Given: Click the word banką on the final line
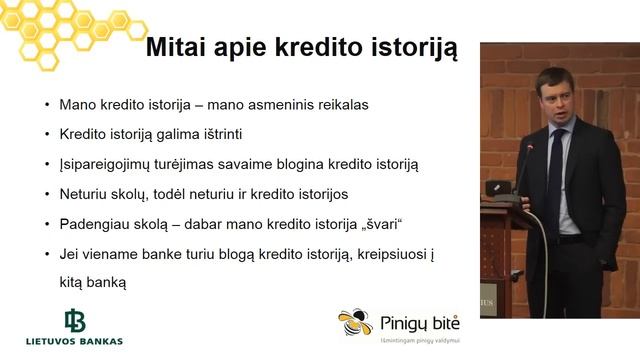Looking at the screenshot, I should tap(106, 283).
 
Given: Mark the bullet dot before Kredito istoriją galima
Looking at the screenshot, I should tap(47, 134).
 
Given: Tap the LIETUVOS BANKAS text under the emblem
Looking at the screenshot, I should tap(75, 341).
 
